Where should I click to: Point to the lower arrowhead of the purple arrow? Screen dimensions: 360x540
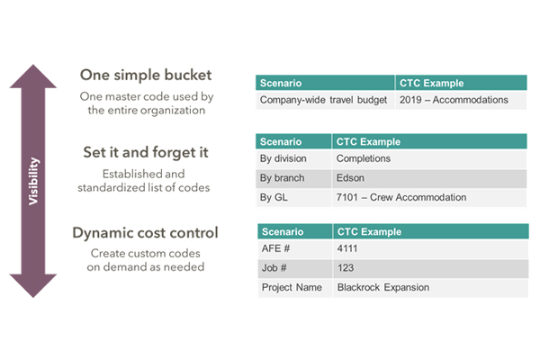34,286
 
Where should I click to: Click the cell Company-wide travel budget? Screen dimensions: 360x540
324,100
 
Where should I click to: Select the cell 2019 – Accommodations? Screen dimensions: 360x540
454,100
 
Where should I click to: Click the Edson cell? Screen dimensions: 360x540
350,177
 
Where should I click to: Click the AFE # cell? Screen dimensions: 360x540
276,248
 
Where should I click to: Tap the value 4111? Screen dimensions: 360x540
347,248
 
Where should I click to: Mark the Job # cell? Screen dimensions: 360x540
275,268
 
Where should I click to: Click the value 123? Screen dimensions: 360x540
345,268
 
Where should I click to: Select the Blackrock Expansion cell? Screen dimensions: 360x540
383,287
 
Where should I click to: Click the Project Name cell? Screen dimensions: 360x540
292,287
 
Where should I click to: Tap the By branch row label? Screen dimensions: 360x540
284,177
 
